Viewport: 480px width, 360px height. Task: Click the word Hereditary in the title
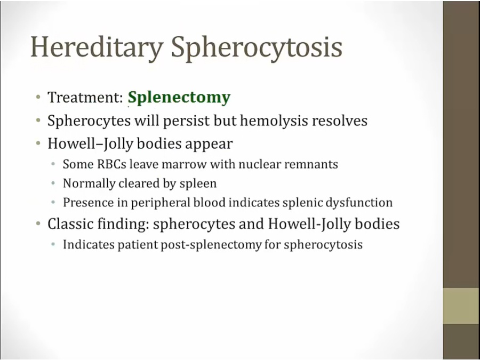click(97, 47)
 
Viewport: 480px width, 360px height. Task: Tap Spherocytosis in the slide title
click(257, 47)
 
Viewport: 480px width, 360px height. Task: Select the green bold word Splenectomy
click(179, 98)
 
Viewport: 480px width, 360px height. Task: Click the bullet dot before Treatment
click(38, 98)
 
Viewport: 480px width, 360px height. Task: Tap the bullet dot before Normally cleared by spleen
click(53, 183)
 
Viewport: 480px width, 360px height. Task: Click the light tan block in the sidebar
click(461, 306)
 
